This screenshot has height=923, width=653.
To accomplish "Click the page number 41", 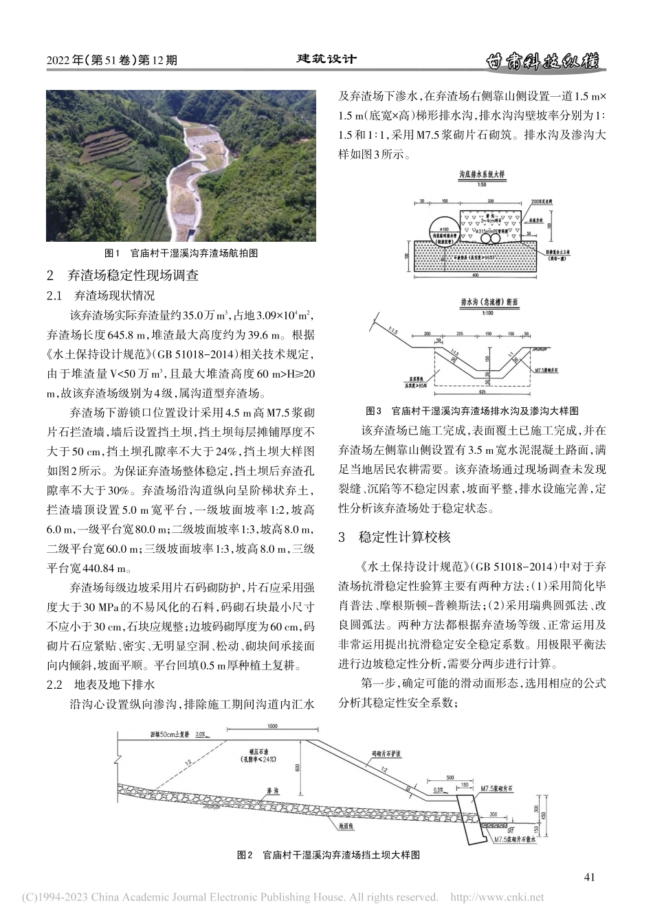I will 588,876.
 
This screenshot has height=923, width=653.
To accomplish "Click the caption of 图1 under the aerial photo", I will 181,253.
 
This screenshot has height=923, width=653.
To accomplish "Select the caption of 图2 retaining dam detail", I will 328,855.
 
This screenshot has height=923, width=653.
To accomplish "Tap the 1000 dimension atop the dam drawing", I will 272,726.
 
